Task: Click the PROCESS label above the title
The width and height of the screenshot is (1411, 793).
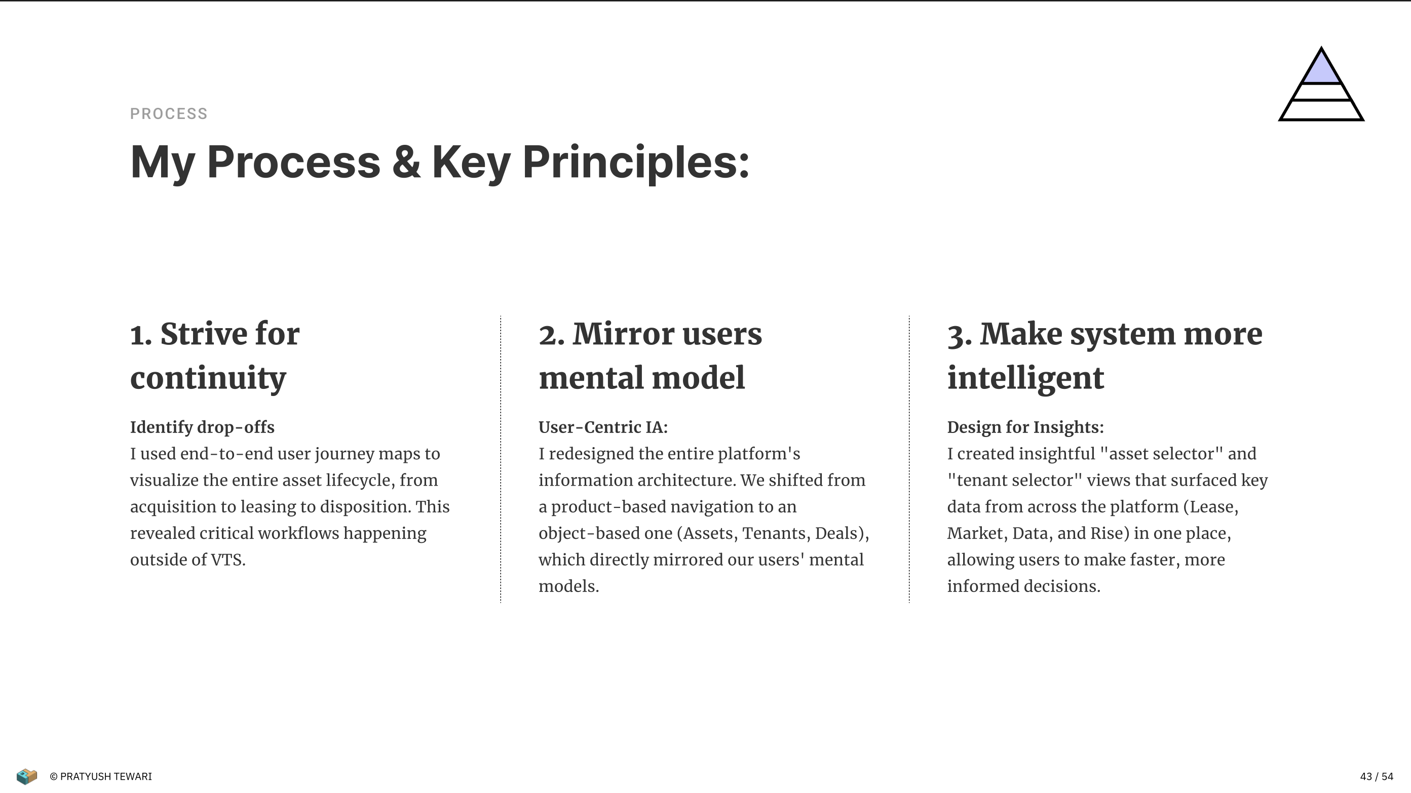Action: [169, 114]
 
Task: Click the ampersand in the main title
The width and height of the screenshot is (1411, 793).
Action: [406, 162]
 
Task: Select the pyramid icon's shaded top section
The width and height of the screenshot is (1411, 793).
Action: [1321, 68]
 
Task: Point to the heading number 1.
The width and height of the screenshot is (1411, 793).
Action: [140, 335]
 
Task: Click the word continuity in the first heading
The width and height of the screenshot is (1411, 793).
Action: [208, 378]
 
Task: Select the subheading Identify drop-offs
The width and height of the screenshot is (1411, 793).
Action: [202, 427]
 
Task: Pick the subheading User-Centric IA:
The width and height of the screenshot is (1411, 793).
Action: [603, 427]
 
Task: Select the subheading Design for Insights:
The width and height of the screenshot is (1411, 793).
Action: [1025, 427]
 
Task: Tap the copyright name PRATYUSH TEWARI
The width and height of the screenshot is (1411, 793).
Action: [106, 777]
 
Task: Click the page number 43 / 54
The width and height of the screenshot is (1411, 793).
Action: [1377, 777]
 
